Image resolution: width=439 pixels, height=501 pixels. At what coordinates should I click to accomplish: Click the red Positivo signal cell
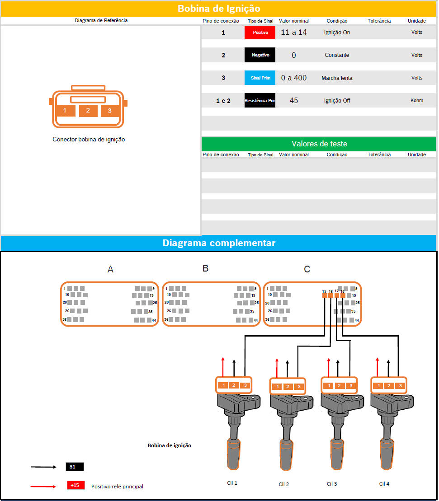click(260, 32)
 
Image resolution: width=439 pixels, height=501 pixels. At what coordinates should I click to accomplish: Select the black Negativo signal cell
click(260, 55)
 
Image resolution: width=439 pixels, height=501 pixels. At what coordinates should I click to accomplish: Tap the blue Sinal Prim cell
click(260, 78)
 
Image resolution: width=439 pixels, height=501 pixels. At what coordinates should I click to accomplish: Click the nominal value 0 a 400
click(294, 78)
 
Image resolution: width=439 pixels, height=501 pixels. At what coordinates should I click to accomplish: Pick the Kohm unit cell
click(416, 100)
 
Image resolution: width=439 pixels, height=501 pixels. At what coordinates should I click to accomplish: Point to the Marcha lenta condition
click(337, 78)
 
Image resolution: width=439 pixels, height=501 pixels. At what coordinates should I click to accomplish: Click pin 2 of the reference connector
click(88, 111)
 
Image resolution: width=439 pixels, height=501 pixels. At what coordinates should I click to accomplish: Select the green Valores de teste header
click(319, 144)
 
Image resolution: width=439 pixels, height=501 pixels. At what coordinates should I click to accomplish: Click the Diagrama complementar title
click(219, 243)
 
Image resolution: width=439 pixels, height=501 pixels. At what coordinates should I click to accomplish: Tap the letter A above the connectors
click(110, 269)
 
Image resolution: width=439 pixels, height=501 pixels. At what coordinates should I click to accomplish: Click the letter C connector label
click(307, 269)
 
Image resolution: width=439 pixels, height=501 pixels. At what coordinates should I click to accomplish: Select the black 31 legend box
click(75, 467)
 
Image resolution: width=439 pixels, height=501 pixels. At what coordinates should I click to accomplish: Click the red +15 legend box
click(76, 485)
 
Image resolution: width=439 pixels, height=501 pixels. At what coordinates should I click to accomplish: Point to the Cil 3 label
click(332, 484)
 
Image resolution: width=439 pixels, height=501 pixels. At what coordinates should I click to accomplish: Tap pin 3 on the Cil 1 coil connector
click(245, 385)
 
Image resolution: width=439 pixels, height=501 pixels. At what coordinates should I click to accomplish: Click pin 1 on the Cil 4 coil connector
click(379, 386)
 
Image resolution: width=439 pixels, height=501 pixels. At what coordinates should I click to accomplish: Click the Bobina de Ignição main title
click(219, 8)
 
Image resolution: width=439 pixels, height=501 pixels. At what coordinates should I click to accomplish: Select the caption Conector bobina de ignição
click(89, 139)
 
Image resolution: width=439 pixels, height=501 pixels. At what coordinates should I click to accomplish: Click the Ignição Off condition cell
click(337, 101)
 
